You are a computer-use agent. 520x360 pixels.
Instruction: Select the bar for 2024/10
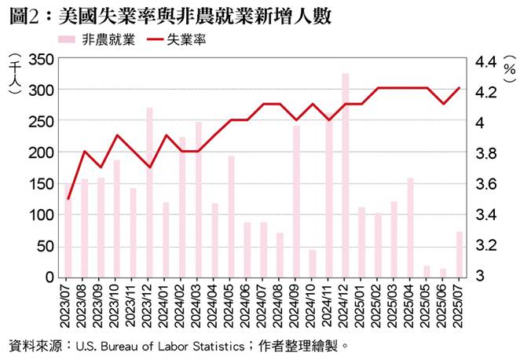(313, 263)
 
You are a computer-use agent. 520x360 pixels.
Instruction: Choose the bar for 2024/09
(296, 201)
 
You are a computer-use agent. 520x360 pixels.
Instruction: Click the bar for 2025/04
(410, 227)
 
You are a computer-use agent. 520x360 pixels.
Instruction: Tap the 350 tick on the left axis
(38, 59)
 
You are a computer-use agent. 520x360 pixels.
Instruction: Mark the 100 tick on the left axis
(38, 215)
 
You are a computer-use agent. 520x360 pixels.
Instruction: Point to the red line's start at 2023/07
(68, 199)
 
